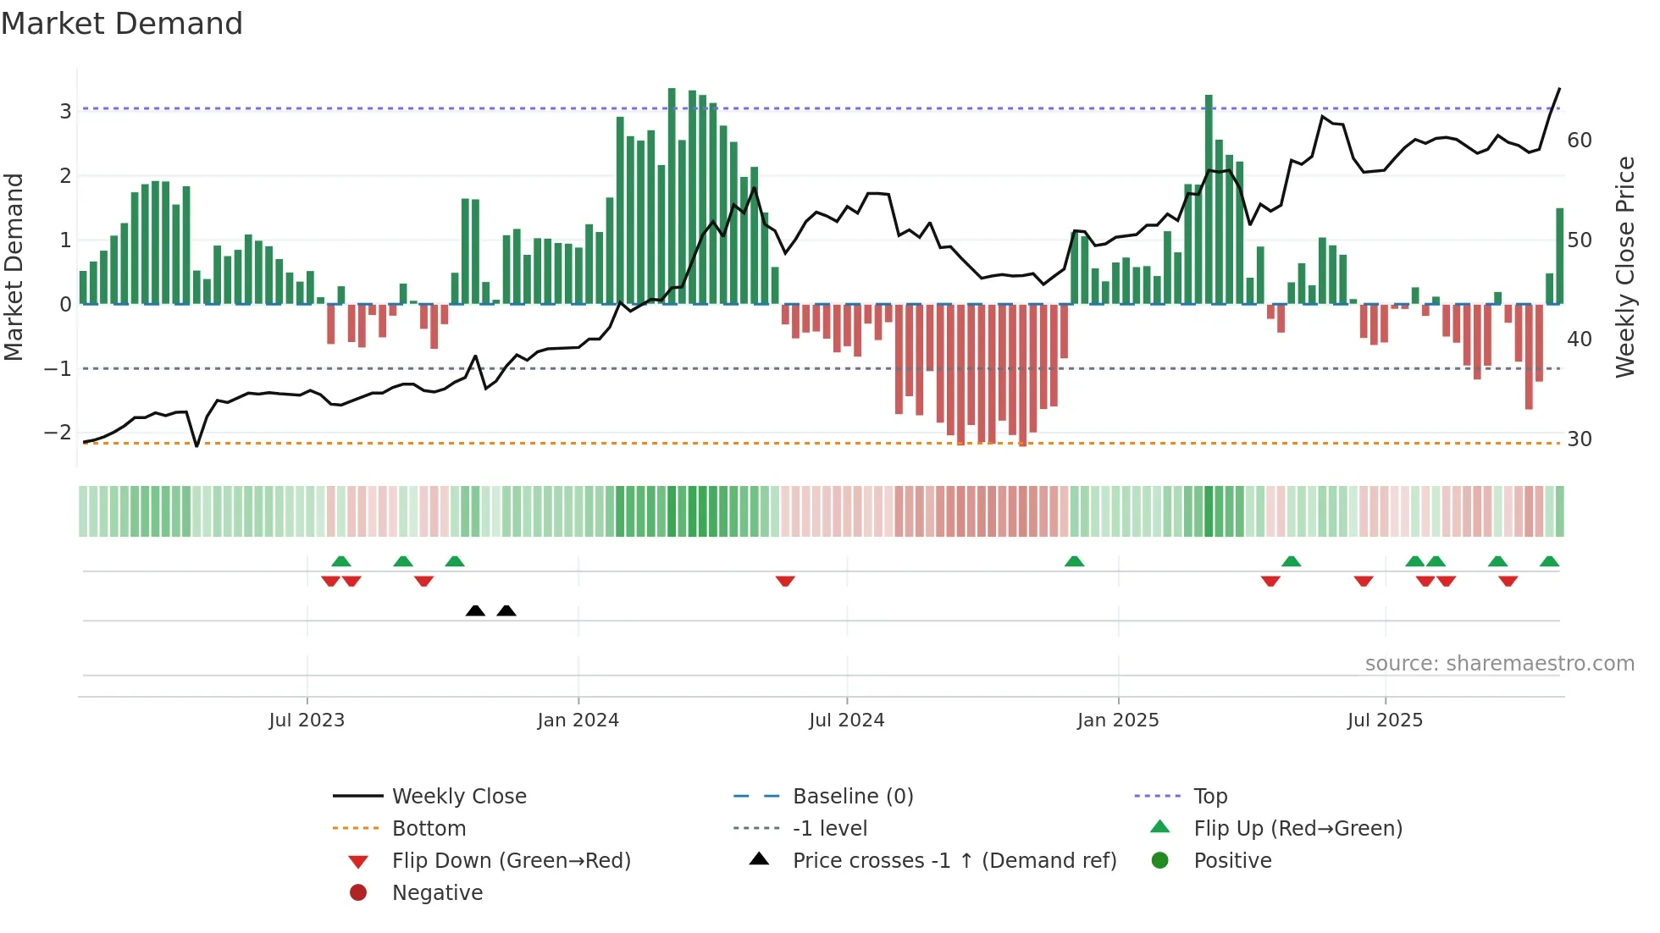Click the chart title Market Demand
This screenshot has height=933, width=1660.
[122, 24]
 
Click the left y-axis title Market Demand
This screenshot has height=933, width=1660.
[14, 267]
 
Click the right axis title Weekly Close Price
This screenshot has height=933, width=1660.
[1624, 267]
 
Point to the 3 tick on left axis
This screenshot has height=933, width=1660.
[65, 111]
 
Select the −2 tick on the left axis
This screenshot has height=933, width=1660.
[58, 433]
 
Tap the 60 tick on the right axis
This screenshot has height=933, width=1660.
[1579, 141]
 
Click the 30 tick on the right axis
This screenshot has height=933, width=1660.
[1579, 439]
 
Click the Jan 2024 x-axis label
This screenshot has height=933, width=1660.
[578, 720]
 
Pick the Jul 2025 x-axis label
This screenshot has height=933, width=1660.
[1385, 720]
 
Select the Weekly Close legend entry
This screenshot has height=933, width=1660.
[458, 797]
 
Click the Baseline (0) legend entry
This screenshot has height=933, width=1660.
[852, 797]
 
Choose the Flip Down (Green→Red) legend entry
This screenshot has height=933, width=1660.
[511, 861]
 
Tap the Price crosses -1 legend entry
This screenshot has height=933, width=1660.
[954, 861]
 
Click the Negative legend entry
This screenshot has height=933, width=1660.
[437, 893]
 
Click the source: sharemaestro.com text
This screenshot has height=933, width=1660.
[1499, 664]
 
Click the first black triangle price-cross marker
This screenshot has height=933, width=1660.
[475, 610]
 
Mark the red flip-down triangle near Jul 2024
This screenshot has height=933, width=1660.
[785, 581]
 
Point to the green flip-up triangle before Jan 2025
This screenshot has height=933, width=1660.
[1074, 561]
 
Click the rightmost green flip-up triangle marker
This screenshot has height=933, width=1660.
[1549, 561]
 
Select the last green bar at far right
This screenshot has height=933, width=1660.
[1559, 257]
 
